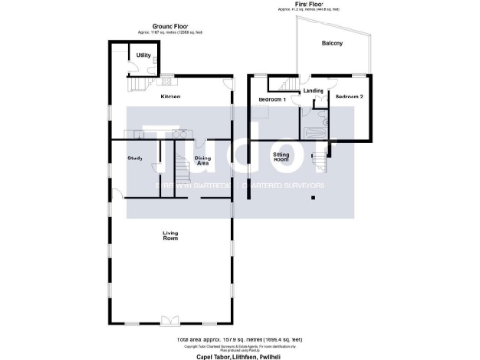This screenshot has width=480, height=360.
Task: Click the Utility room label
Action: [x=143, y=56]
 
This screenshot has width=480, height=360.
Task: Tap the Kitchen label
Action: [x=170, y=97]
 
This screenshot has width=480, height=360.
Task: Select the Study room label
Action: [x=134, y=157]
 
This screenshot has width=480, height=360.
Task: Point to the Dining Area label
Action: [x=202, y=159]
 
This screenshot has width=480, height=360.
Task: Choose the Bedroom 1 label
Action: [x=273, y=98]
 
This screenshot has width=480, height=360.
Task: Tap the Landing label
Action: [x=314, y=91]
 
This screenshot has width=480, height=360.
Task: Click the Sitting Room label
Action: [x=280, y=157]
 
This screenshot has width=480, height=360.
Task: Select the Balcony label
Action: [x=332, y=44]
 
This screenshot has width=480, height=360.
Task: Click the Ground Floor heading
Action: [x=165, y=27]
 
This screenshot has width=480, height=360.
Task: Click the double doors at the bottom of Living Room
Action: [x=172, y=322]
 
